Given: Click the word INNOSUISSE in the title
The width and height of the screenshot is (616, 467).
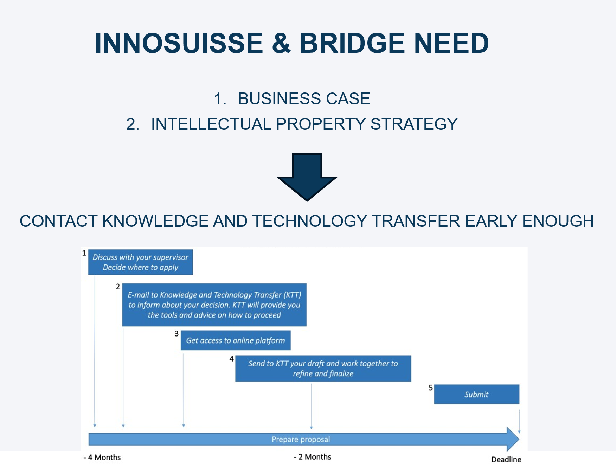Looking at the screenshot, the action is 179,43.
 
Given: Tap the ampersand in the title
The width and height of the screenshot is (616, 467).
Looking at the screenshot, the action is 281,43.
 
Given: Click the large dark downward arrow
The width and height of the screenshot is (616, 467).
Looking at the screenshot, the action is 307,177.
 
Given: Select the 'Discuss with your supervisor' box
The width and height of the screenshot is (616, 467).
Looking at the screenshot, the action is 140,262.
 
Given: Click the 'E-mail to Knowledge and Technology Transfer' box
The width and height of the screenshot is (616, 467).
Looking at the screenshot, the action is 214,305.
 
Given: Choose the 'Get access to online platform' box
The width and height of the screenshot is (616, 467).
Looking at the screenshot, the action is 236,340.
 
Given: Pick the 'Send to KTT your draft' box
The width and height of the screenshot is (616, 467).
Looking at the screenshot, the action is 323,369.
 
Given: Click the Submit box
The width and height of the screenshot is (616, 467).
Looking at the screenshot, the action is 476,394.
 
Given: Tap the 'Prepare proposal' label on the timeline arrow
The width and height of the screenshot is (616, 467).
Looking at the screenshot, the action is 301,440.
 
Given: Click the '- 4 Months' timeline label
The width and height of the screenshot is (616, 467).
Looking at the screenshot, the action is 102,458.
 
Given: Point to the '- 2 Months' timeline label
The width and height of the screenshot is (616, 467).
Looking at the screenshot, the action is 313,457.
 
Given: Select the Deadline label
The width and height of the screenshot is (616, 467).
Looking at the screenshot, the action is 506,459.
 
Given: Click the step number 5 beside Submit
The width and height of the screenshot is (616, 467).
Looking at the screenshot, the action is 430,388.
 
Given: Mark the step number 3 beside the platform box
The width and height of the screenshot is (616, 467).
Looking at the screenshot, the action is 177,333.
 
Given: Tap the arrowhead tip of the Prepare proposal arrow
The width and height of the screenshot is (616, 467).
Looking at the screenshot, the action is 519,439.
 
